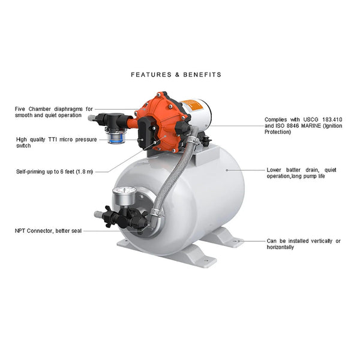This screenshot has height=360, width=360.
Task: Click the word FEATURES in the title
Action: point(148,75)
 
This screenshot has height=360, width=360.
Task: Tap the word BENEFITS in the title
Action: point(202,75)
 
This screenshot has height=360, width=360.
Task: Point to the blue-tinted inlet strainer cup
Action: point(113,137)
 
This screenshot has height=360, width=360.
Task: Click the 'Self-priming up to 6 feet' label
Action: point(54,172)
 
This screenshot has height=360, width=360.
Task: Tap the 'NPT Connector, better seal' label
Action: point(48,230)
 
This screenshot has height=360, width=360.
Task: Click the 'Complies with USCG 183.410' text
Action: point(303,120)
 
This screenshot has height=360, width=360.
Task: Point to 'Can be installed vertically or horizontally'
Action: point(304,244)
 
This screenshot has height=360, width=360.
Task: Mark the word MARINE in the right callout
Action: point(309,126)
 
